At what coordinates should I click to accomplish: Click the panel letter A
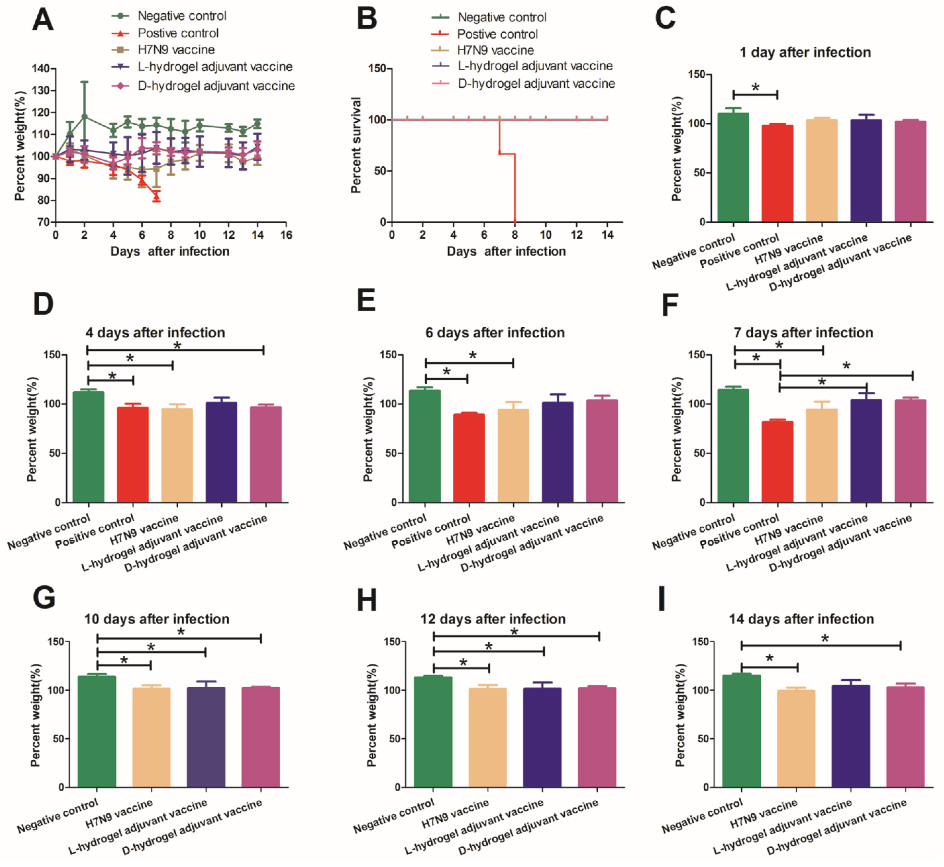(43, 21)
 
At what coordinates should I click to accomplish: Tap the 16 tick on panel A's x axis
(286, 235)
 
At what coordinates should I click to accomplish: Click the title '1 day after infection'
(805, 52)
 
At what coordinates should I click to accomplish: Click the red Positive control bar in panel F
(777, 462)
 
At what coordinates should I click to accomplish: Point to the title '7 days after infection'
(803, 333)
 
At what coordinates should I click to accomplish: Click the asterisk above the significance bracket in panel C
(755, 87)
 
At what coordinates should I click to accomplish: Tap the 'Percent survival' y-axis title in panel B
(356, 145)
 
